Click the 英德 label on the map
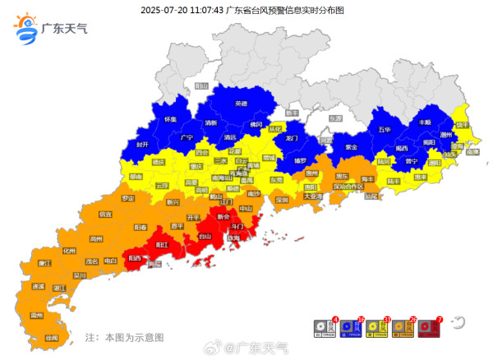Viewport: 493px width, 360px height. [x=241, y=104]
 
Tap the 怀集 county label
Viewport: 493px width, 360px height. [x=171, y=120]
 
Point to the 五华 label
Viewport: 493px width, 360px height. [x=385, y=130]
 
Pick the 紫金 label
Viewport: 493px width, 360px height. [x=351, y=147]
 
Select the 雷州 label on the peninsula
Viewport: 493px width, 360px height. [x=36, y=315]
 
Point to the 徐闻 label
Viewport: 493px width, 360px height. [x=52, y=338]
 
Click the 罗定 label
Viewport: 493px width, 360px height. [x=127, y=198]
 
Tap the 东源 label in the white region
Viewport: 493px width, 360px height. [x=334, y=118]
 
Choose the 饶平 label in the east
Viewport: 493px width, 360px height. [x=462, y=125]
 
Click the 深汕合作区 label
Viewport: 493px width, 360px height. [x=348, y=187]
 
